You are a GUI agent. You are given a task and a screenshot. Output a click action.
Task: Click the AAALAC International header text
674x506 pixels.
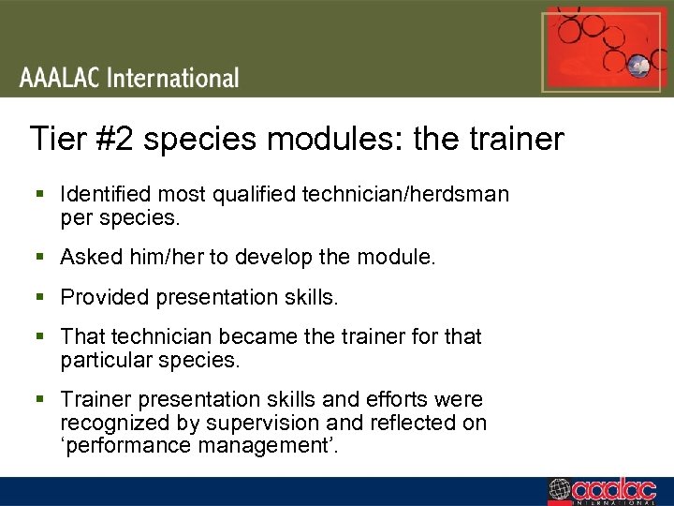coord(130,77)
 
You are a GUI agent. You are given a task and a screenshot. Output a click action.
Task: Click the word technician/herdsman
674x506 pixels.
coord(405,194)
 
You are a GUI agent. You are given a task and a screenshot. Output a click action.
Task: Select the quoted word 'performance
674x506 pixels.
coord(125,445)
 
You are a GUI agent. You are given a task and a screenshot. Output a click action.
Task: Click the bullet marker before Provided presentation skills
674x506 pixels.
coord(39,297)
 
